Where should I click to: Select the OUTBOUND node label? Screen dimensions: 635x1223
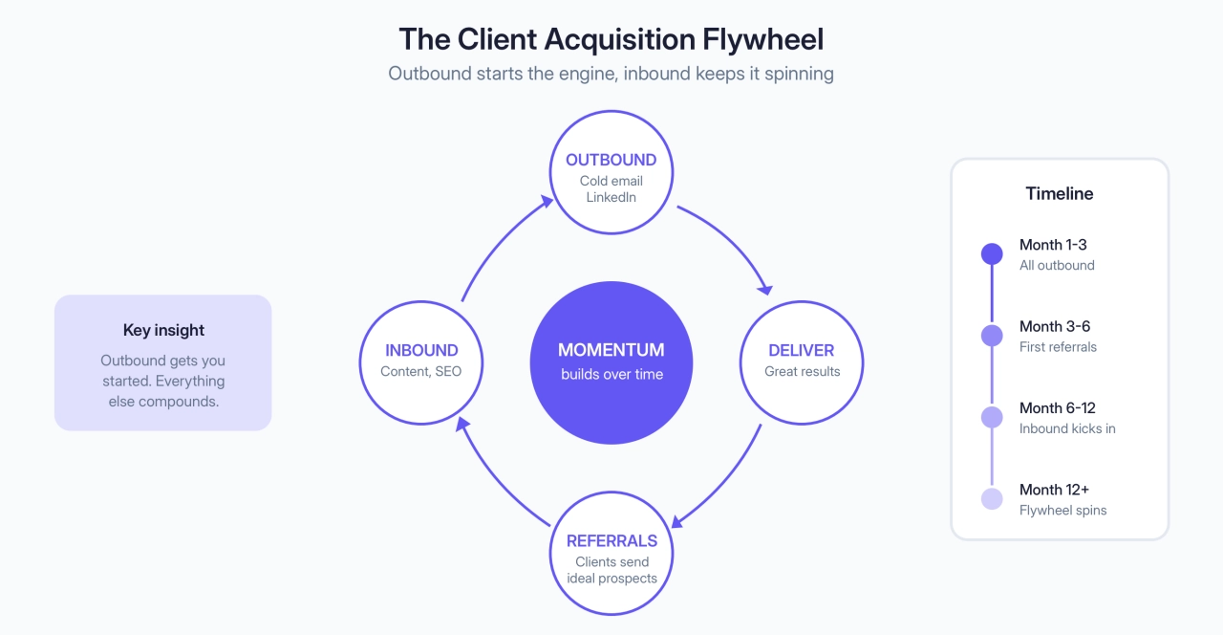point(611,160)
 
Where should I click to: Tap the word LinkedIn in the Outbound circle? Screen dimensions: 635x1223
point(611,197)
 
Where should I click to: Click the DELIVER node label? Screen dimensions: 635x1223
point(802,350)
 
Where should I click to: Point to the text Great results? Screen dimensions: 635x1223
point(802,371)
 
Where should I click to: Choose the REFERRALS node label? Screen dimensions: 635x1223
point(611,540)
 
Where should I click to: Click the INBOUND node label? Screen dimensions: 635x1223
point(421,350)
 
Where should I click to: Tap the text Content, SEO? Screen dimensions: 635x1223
point(420,371)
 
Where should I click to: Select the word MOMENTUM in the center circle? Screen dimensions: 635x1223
point(611,350)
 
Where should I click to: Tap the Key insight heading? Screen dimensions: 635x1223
point(163,330)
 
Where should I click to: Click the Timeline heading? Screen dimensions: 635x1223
point(1059,193)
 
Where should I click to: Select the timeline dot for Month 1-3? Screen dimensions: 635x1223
point(992,253)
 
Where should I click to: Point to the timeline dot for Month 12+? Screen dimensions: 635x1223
point(992,498)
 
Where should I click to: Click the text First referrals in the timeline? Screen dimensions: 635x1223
point(1058,347)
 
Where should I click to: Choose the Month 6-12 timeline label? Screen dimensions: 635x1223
point(1057,408)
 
